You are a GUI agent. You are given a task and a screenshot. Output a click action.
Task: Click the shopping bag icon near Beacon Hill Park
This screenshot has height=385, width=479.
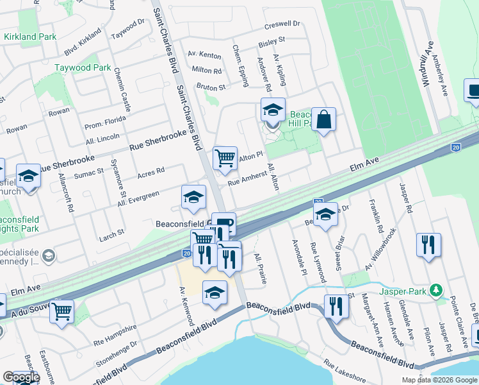point(325,119)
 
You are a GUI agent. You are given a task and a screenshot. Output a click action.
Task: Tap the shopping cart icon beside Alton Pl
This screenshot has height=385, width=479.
point(225,157)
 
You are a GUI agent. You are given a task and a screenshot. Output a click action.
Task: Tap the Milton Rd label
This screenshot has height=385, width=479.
point(206,71)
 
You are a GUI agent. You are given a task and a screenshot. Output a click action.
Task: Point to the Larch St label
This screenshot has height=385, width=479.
point(111,237)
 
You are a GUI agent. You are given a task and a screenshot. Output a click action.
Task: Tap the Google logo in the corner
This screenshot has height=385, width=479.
point(21,377)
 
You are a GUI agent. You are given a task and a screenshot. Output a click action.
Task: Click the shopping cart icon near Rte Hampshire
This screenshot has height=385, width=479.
point(62,311)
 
